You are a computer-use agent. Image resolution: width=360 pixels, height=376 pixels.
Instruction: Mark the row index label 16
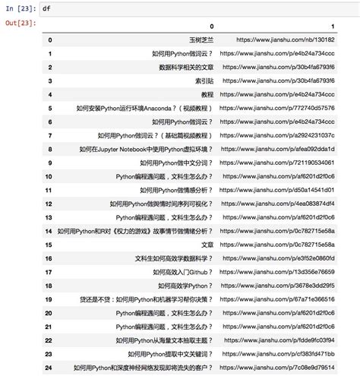point(49,258)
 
